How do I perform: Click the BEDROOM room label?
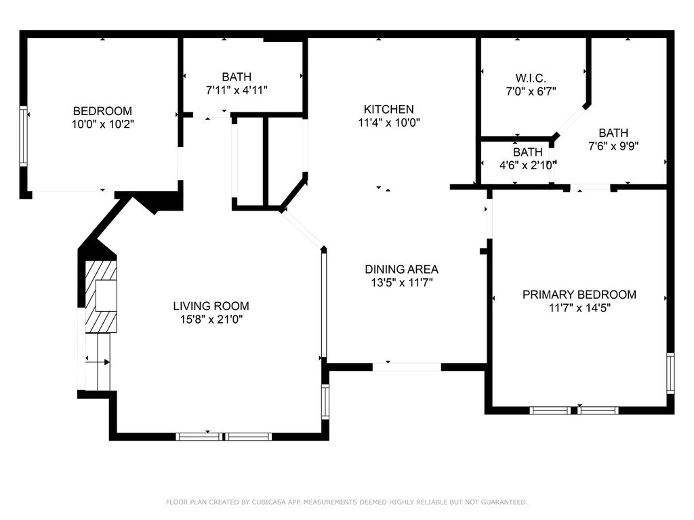[102, 110]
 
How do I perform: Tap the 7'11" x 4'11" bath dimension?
[237, 90]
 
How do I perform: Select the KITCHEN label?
[388, 109]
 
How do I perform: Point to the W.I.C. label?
[531, 79]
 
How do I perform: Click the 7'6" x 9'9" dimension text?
[613, 146]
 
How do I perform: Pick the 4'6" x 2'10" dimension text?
[527, 165]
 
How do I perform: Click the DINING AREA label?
[401, 269]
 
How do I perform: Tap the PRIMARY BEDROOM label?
[579, 295]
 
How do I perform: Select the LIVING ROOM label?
[211, 305]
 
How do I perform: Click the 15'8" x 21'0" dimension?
[211, 319]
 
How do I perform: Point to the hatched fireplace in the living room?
[102, 297]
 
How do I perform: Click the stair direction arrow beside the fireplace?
[98, 362]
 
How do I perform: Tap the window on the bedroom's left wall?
[24, 135]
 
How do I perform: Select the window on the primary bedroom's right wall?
[670, 373]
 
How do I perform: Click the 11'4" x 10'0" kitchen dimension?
[388, 123]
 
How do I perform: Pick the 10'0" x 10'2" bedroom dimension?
[102, 124]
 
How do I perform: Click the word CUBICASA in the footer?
[268, 502]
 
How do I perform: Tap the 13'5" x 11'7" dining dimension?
[401, 282]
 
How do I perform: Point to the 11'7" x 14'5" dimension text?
[579, 308]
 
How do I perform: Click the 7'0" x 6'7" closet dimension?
[531, 91]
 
